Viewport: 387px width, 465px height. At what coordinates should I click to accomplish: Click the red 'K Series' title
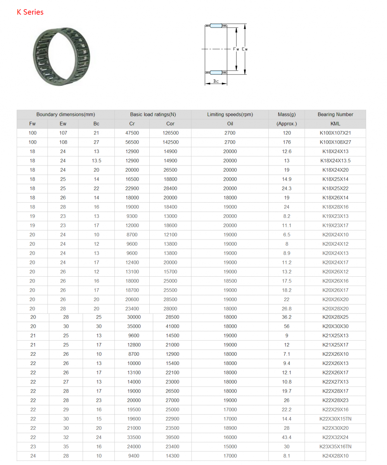30,12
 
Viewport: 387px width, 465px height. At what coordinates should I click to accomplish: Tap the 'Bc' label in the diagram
216,81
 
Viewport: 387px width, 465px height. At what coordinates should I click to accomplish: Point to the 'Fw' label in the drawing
236,49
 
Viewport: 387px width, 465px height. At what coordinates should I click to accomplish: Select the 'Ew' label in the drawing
245,49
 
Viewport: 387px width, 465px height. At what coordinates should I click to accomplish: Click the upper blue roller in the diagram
216,26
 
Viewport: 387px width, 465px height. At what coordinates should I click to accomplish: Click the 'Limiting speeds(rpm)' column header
230,114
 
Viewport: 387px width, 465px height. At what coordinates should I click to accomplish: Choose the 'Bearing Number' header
335,114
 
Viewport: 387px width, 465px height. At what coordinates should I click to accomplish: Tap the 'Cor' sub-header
170,124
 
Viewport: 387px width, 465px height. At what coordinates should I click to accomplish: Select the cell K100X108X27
335,142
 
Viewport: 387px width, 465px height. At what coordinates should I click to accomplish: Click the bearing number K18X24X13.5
335,160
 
